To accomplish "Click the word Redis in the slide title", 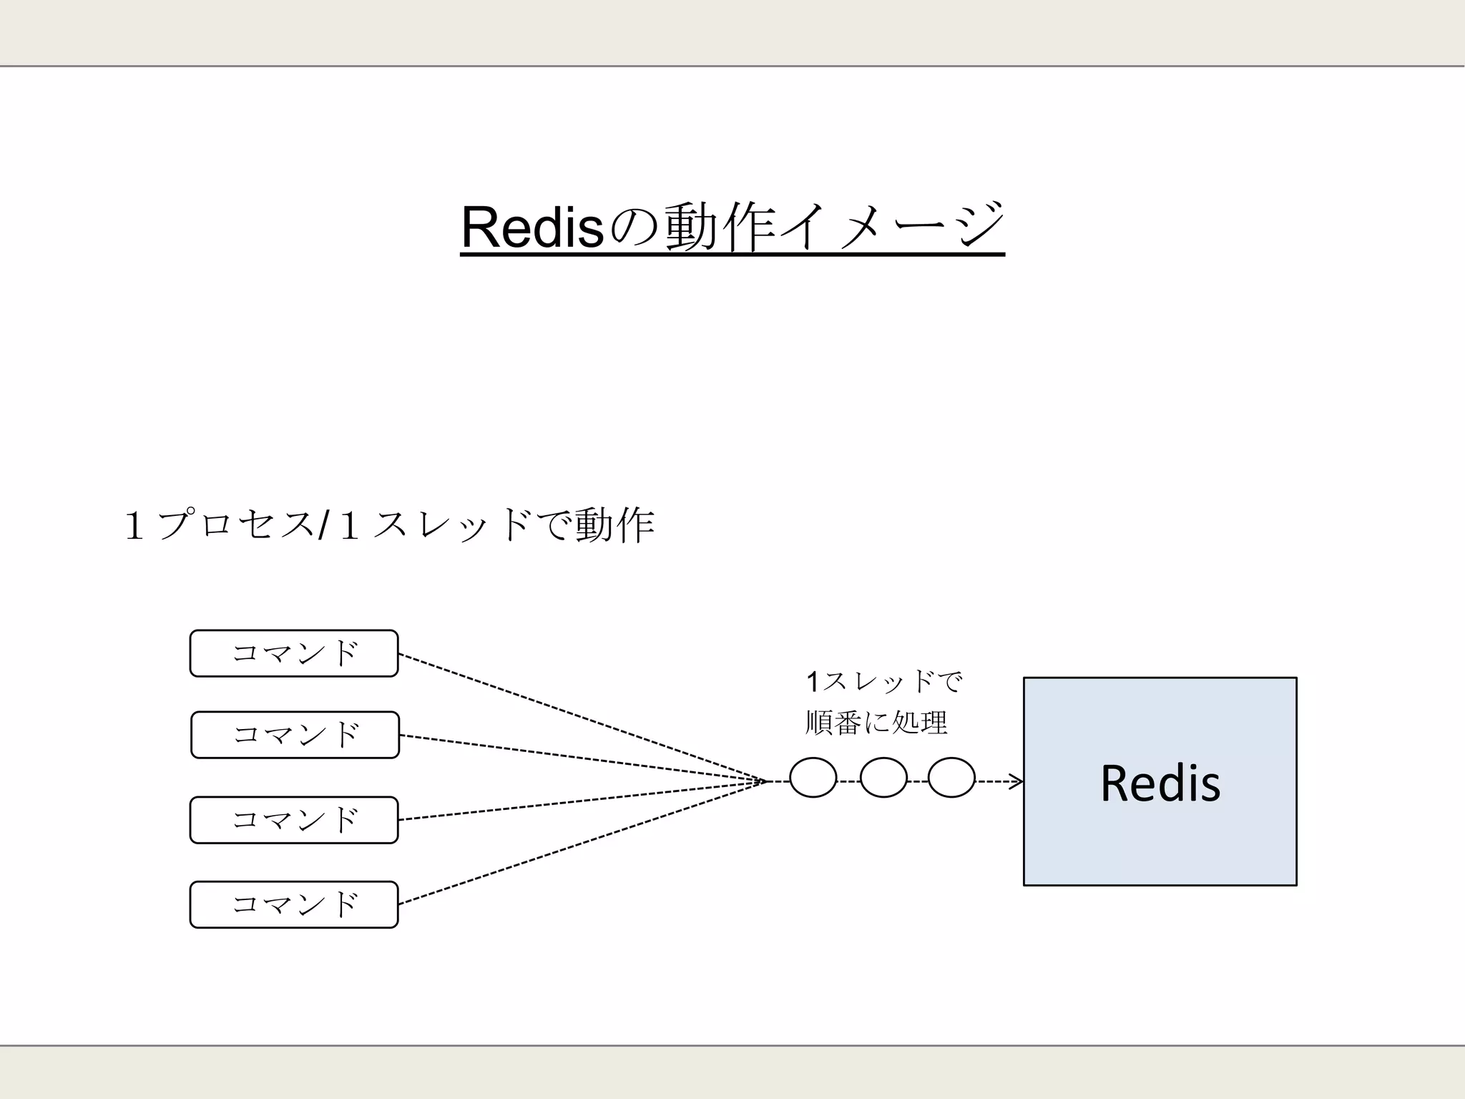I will click(x=533, y=228).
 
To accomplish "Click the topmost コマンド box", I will click(x=294, y=653).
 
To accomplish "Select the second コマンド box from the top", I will click(x=295, y=735).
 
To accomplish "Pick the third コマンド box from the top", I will click(x=294, y=820).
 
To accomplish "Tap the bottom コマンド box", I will click(x=294, y=904).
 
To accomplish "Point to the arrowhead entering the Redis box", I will click(x=1017, y=781).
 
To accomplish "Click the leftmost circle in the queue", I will click(x=813, y=778).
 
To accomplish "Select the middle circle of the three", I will click(x=883, y=778).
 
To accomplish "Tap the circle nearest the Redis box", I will click(x=951, y=778).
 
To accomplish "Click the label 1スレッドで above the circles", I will click(x=884, y=682).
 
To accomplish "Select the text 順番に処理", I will click(x=876, y=723).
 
